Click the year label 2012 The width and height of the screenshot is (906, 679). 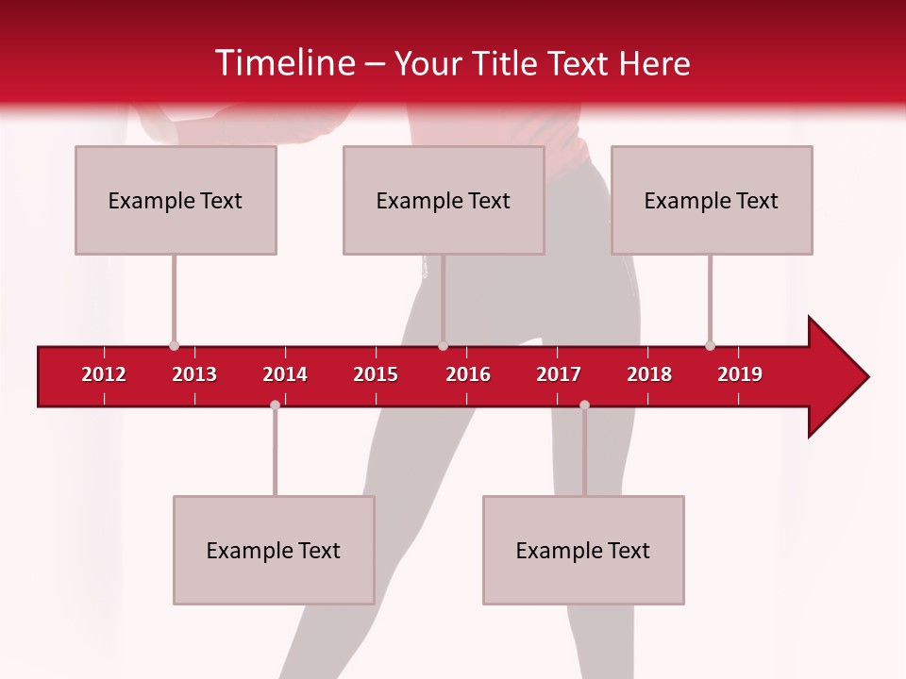point(104,374)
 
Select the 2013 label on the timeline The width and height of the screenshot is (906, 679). point(194,374)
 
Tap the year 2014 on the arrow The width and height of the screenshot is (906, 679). point(285,374)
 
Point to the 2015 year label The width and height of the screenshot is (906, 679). point(376,374)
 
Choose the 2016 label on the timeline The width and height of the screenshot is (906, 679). point(468,374)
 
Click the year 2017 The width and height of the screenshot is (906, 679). point(559,374)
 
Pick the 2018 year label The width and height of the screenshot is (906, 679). point(649,374)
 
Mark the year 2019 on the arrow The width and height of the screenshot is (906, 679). point(740,374)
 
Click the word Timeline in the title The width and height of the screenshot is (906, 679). point(282,63)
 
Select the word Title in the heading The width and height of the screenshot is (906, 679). point(509,63)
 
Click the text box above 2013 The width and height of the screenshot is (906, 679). point(176,200)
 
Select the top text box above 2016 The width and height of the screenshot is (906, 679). point(444,200)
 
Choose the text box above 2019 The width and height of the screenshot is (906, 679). point(712,200)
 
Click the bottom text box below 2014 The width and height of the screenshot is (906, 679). point(274,550)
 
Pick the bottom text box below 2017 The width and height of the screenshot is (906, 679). point(583,550)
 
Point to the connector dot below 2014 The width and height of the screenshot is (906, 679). point(275,405)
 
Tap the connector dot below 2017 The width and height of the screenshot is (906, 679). point(584,405)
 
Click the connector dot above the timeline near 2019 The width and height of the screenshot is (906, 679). point(710,345)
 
